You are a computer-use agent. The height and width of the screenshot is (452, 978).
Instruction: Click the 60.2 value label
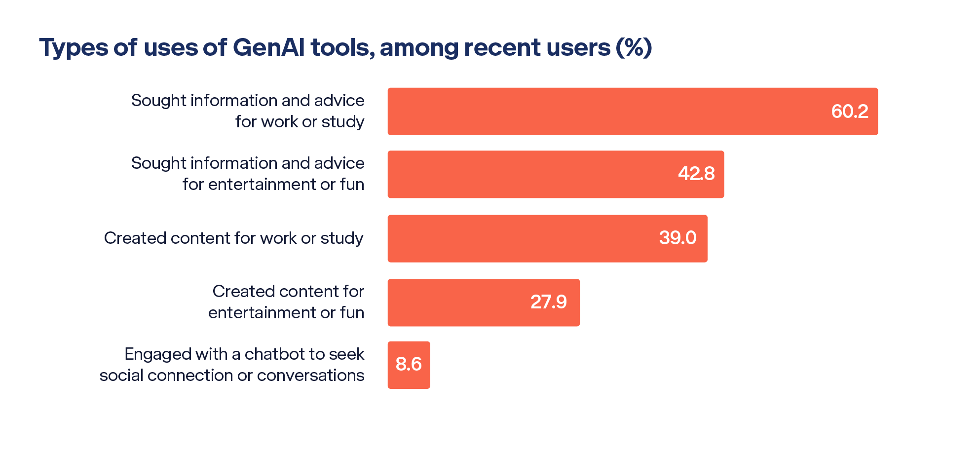coord(849,112)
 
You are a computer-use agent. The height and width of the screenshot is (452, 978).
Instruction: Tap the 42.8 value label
coord(696,174)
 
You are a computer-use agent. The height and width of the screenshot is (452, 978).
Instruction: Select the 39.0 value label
coord(677,238)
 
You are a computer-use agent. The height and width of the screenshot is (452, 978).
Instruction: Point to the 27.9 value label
coord(548,302)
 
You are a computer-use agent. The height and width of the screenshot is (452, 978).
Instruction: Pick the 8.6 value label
coord(409,364)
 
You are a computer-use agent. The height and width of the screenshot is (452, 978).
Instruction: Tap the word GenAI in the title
coord(268,48)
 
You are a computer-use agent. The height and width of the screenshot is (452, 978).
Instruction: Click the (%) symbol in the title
coord(634,48)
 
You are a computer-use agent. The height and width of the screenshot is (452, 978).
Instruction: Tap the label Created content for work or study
coord(233,238)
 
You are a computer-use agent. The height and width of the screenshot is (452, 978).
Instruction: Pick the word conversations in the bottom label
coord(310,376)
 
